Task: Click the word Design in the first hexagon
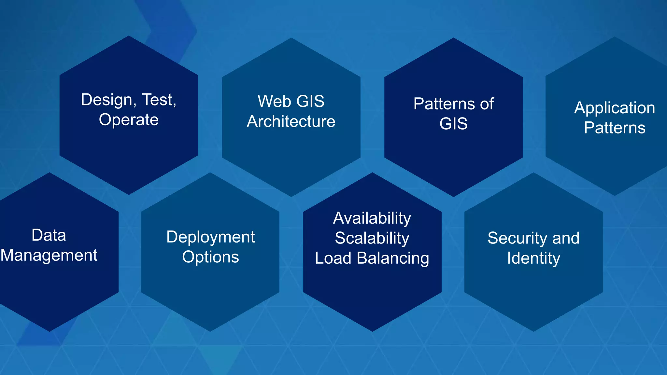pos(106,100)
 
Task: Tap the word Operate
pos(129,120)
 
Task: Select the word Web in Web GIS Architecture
pos(273,101)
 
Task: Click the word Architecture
pos(291,121)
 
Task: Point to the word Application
pos(614,108)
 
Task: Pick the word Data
pos(49,235)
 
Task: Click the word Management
pos(49,255)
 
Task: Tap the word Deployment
pos(210,237)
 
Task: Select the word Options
pos(210,257)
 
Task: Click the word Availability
pos(372,218)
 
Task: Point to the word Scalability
pos(372,238)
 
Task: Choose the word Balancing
pos(393,258)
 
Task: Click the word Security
pos(518,238)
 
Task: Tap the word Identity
pos(533,258)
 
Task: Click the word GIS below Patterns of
pos(453,124)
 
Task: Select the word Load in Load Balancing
pos(333,258)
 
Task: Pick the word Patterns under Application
pos(614,128)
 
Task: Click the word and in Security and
pos(566,238)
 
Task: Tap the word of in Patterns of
pos(487,104)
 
